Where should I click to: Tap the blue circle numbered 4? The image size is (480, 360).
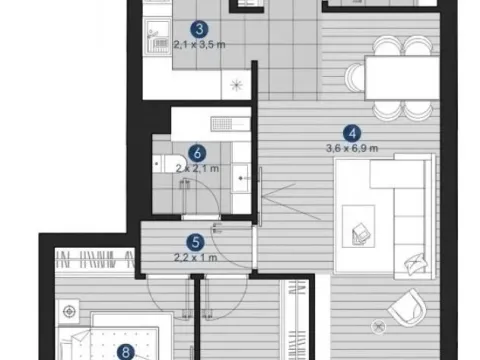tap(350, 132)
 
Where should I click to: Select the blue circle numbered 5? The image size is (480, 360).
tap(197, 241)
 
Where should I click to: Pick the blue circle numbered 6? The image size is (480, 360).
tap(197, 154)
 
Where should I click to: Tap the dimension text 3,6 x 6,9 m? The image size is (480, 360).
tap(350, 148)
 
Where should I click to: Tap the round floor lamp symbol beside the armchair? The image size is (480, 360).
tap(378, 326)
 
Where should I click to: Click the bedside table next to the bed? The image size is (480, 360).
tap(69, 314)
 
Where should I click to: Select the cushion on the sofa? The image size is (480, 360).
tap(414, 265)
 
